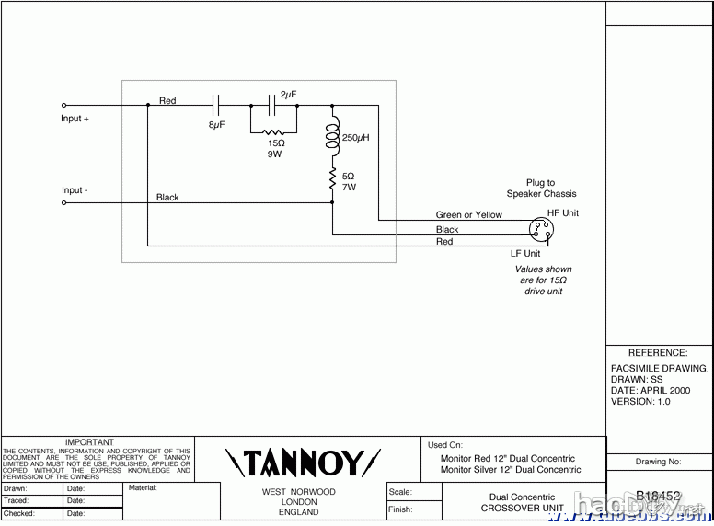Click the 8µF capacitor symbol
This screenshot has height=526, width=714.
coord(217,105)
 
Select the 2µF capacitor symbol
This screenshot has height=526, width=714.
coord(273,105)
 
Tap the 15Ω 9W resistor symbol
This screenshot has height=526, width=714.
coord(273,132)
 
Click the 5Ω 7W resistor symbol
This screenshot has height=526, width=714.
coord(332,180)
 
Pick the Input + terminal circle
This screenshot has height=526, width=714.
coord(63,105)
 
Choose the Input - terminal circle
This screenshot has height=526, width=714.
coord(63,202)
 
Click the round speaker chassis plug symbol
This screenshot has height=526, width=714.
coord(541,230)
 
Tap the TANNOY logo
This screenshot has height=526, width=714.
coord(303,461)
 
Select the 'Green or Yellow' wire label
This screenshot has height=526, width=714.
coord(468,215)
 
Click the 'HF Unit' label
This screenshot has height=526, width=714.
coord(563,213)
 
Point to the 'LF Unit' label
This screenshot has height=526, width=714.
coord(525,253)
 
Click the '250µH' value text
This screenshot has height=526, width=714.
coord(356,138)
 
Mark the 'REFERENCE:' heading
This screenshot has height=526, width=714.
coord(657,353)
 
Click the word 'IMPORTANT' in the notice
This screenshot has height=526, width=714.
coord(89,442)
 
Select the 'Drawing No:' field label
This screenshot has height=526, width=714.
coord(658,462)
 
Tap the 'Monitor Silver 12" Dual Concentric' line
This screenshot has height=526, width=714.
coord(511,470)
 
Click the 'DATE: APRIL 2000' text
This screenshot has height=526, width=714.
coord(650,390)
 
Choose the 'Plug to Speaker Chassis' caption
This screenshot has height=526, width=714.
coord(541,189)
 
